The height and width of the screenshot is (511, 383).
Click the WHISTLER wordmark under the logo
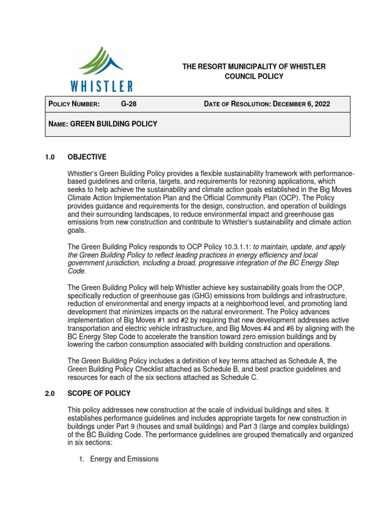[102, 86]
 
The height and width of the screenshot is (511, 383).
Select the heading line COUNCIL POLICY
[254, 76]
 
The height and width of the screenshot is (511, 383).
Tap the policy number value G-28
[129, 104]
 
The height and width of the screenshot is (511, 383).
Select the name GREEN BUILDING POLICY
[114, 124]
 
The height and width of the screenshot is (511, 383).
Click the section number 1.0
[50, 157]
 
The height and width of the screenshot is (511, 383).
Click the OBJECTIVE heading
[87, 157]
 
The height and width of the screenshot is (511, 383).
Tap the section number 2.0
[50, 393]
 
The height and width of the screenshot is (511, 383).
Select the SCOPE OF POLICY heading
[99, 393]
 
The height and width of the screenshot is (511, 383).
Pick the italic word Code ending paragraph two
[76, 271]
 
